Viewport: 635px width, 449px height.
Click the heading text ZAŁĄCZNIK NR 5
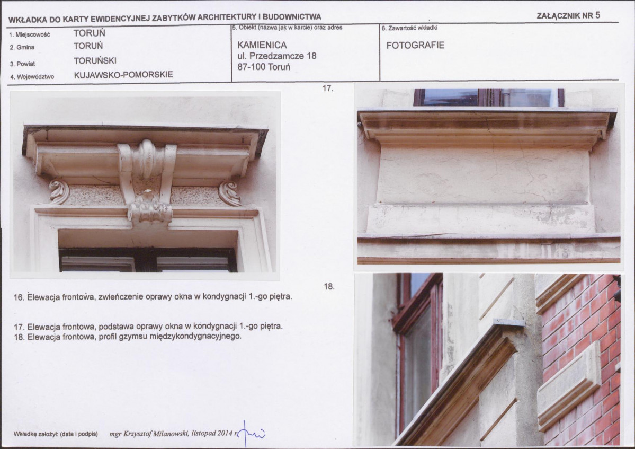pyautogui.click(x=568, y=16)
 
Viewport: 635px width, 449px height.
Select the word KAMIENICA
pyautogui.click(x=262, y=45)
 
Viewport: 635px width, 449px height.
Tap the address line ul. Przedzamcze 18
pyautogui.click(x=277, y=56)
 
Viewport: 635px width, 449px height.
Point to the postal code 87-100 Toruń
pyautogui.click(x=264, y=67)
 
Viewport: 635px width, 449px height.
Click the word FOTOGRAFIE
pyautogui.click(x=415, y=46)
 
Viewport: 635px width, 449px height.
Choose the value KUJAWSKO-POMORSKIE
pyautogui.click(x=123, y=75)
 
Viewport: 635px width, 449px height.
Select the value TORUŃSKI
pyautogui.click(x=95, y=61)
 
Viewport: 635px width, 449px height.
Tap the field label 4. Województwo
pyautogui.click(x=32, y=77)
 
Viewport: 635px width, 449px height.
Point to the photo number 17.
pyautogui.click(x=328, y=88)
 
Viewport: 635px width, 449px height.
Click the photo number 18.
pyautogui.click(x=329, y=286)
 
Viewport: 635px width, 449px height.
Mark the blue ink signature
pyautogui.click(x=252, y=434)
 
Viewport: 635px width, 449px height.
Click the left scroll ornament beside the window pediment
pyautogui.click(x=59, y=192)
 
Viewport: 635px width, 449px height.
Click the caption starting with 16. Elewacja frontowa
pyautogui.click(x=153, y=297)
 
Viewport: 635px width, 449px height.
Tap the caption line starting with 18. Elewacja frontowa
pyautogui.click(x=128, y=337)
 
